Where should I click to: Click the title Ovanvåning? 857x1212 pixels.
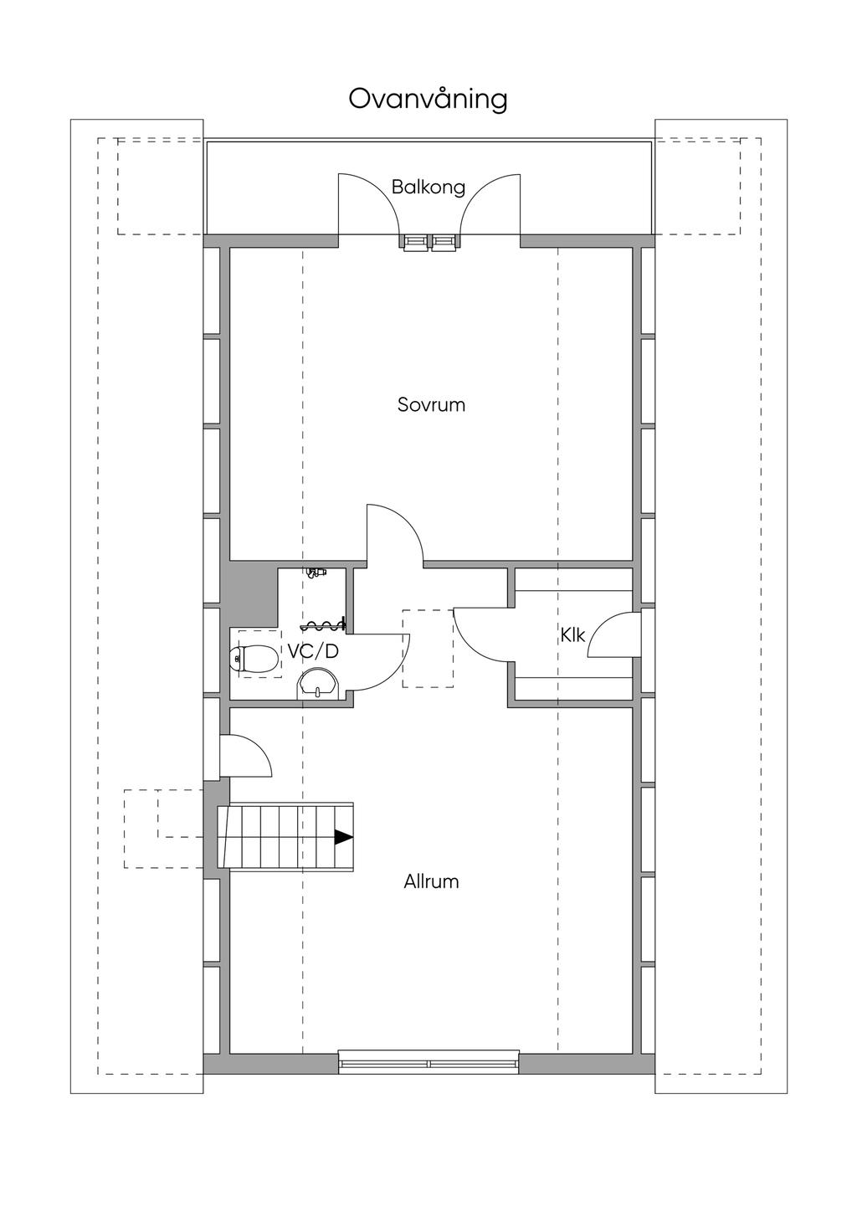point(428,100)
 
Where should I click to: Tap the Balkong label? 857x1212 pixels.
point(428,187)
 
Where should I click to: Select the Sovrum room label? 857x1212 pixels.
point(431,405)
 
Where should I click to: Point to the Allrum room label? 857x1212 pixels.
point(431,881)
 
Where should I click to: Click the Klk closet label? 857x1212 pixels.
point(573,634)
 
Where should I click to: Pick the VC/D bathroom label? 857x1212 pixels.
point(313,651)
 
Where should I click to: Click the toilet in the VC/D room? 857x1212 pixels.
point(254,659)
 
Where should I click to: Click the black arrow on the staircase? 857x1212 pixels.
point(344,837)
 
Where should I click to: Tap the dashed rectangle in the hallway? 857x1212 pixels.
point(428,648)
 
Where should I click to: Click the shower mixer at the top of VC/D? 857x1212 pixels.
point(316,573)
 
